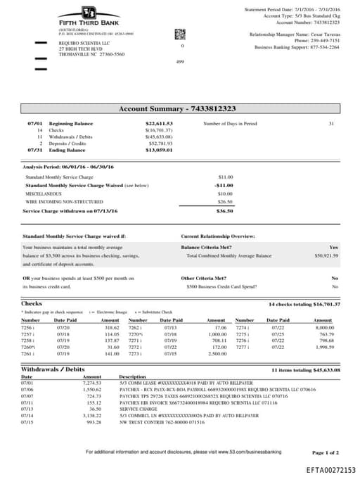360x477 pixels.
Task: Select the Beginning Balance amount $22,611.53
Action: point(159,124)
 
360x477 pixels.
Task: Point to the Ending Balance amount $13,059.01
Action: point(159,150)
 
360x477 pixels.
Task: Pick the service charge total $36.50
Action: point(224,210)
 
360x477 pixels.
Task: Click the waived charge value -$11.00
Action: point(224,185)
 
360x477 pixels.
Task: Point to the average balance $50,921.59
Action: point(326,256)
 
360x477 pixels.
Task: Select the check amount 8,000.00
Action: point(324,328)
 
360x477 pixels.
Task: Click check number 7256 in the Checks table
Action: point(27,328)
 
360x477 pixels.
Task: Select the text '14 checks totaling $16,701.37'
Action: point(304,304)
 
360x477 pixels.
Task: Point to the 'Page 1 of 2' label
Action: point(325,452)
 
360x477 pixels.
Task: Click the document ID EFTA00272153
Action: point(330,469)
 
